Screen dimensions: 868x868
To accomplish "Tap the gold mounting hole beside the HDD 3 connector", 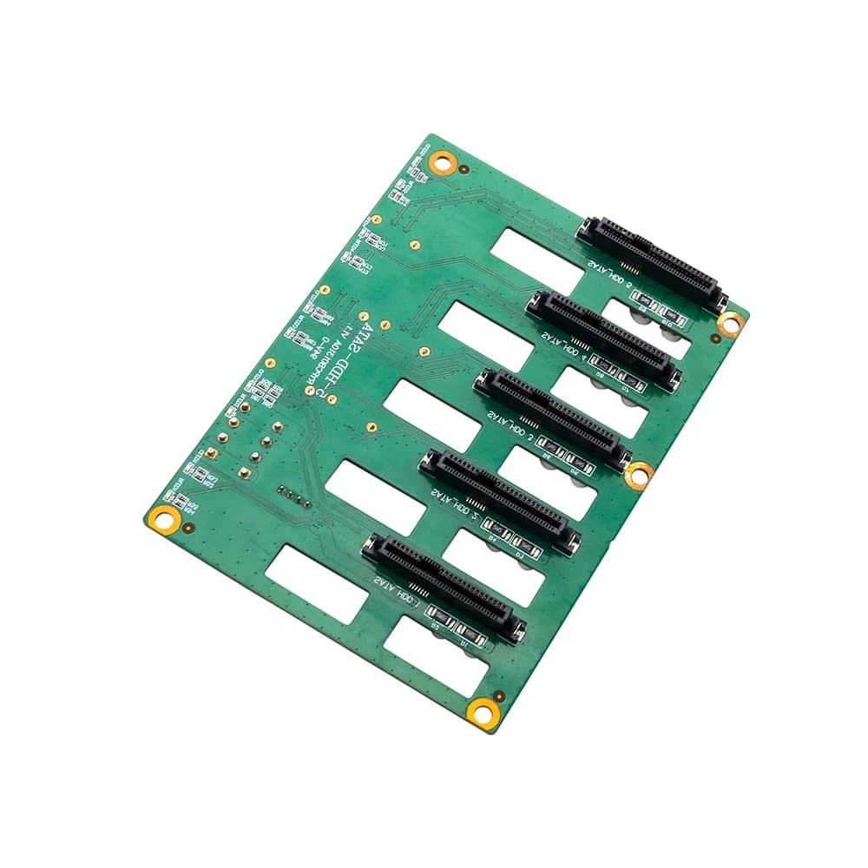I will pyautogui.click(x=639, y=474).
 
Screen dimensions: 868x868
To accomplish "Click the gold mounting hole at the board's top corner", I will pyautogui.click(x=444, y=161).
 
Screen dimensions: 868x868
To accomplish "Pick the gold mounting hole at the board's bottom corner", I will pyautogui.click(x=479, y=713).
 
